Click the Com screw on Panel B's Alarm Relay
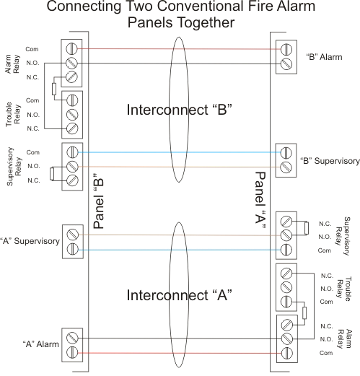click(x=72, y=50)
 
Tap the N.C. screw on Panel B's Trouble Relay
click(x=72, y=128)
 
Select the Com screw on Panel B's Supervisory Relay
click(x=72, y=153)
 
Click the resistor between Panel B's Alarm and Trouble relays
click(x=55, y=89)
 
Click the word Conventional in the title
click(x=181, y=8)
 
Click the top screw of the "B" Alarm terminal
click(x=287, y=50)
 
